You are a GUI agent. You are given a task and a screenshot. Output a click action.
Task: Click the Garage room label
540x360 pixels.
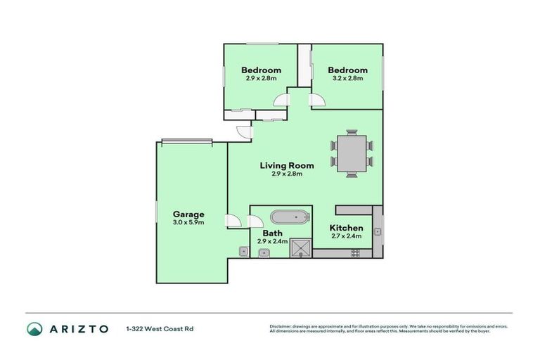(188, 214)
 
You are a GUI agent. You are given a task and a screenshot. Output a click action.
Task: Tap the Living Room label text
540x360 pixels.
(287, 166)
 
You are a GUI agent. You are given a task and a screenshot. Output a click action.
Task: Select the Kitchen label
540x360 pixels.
(347, 228)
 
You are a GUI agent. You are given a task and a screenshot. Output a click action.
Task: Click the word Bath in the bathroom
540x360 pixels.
(272, 233)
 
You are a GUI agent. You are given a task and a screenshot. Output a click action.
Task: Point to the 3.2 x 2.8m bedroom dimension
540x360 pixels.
(347, 78)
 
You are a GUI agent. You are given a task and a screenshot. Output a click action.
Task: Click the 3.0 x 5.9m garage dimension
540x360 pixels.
(188, 222)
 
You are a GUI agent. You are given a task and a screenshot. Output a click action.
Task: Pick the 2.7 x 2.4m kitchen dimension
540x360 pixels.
(347, 236)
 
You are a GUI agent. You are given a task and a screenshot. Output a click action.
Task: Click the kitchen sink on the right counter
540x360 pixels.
(378, 231)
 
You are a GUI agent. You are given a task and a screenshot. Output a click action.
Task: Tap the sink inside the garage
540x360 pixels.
(243, 251)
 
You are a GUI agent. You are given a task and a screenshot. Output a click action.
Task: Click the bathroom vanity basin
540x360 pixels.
(262, 253)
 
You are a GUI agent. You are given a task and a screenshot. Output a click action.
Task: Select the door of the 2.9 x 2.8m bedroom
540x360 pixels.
(281, 99)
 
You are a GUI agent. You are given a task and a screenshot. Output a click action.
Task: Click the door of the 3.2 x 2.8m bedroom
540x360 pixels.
(316, 99)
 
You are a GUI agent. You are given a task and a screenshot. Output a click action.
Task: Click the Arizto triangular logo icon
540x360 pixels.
(34, 328)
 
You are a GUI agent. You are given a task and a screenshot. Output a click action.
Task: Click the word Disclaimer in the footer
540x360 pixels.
(281, 326)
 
